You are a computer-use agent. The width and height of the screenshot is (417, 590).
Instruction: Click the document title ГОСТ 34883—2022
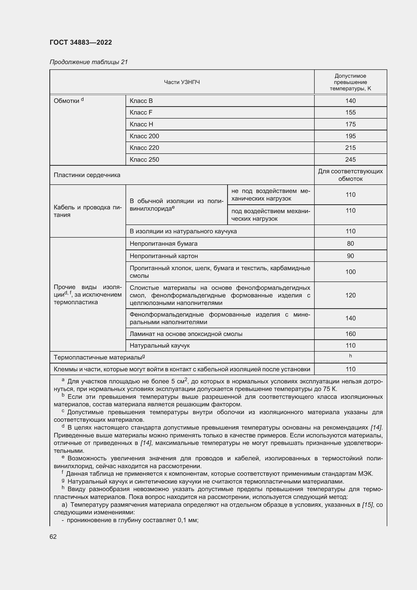tap(81, 42)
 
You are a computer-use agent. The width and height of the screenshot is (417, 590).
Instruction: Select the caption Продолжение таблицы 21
tap(88, 62)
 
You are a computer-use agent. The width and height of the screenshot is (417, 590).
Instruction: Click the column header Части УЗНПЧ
tap(182, 82)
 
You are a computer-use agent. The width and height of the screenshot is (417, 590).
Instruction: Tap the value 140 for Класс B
tap(350, 101)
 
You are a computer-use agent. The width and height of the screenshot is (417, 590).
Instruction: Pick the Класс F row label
tap(141, 113)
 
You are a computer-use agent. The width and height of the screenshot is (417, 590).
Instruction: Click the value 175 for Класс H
tap(350, 124)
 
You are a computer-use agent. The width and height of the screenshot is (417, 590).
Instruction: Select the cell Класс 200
tap(144, 136)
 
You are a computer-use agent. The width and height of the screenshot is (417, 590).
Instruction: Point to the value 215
tap(350, 148)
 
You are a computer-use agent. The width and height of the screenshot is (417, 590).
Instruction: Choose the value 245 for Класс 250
tap(350, 160)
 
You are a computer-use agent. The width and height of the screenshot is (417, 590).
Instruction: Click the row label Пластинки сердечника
tap(87, 175)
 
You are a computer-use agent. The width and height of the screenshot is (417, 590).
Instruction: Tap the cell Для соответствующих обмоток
tap(350, 175)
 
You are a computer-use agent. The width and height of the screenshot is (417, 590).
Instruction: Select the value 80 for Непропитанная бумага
tap(350, 244)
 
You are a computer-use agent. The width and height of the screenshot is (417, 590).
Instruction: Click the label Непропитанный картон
tap(164, 256)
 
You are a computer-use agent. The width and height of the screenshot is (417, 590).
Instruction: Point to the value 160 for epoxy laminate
tap(350, 334)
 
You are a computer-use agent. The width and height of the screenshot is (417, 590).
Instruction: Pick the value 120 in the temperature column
tap(350, 295)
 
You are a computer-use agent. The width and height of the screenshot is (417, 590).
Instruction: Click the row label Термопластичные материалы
tap(99, 357)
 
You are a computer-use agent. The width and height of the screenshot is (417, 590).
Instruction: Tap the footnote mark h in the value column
tap(350, 356)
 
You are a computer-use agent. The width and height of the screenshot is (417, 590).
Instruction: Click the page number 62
tap(53, 537)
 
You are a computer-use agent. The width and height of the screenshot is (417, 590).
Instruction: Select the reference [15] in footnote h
tap(367, 505)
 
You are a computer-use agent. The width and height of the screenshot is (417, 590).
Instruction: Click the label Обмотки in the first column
tap(67, 101)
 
